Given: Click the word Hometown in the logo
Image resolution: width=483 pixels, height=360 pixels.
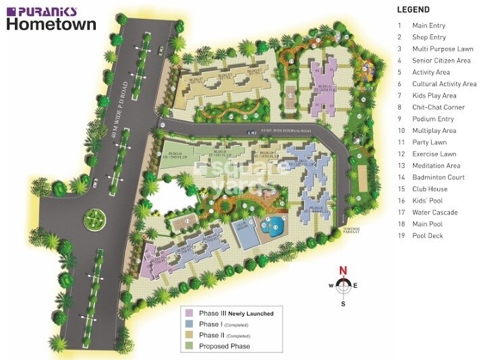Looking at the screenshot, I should click(51, 24).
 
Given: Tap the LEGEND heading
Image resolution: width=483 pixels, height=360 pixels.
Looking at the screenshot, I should click(414, 10).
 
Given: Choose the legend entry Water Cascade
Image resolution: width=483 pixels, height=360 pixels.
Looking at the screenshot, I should click(435, 212).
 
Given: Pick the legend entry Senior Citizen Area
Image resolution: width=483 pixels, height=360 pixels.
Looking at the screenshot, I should click(442, 60).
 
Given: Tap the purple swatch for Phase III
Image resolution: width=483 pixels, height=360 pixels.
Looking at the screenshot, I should click(190, 313).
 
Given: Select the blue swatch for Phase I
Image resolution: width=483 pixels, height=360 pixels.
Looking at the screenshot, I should click(190, 324).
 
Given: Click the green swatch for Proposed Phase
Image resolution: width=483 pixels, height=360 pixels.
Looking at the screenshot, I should click(190, 346).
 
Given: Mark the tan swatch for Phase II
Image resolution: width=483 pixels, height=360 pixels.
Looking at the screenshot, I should click(190, 335).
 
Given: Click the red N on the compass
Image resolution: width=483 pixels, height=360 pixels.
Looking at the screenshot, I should click(343, 272).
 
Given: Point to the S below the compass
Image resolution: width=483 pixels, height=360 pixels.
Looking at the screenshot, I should click(343, 303).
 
